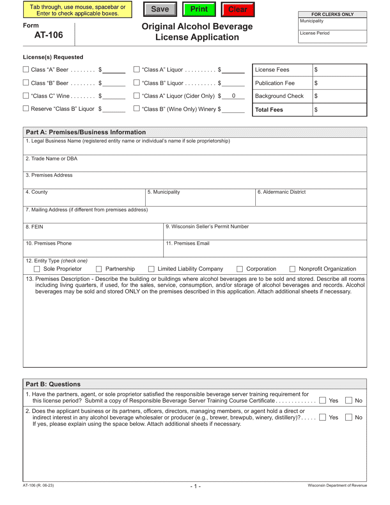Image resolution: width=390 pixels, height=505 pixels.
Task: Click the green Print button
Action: click(199, 9)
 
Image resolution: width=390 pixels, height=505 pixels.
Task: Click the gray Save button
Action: click(160, 9)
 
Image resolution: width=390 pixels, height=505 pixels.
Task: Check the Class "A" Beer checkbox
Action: click(26, 70)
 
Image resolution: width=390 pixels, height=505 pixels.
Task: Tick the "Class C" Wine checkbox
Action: click(26, 96)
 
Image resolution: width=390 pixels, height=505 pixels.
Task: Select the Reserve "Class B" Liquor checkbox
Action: click(26, 109)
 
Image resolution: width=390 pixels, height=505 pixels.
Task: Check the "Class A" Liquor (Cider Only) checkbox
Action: click(137, 96)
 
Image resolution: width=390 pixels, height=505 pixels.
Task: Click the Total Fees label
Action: click(269, 110)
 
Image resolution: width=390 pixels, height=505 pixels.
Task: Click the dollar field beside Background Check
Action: click(340, 96)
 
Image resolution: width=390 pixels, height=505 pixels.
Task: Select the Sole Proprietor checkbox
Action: click(37, 269)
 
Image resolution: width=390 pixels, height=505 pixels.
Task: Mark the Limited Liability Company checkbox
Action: click(151, 269)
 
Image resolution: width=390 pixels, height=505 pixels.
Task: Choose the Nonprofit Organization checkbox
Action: click(292, 269)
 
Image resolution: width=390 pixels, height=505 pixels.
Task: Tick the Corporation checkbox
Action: click(240, 269)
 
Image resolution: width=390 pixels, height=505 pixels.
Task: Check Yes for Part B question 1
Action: click(323, 401)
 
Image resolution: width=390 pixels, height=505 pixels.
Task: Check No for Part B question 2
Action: click(349, 418)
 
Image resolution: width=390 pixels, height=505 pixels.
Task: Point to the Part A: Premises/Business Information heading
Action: click(86, 132)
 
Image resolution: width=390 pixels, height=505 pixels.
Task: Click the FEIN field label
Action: click(34, 227)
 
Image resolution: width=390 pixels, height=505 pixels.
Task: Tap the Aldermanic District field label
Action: click(281, 192)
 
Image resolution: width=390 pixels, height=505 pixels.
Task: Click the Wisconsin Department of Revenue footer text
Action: click(337, 485)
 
